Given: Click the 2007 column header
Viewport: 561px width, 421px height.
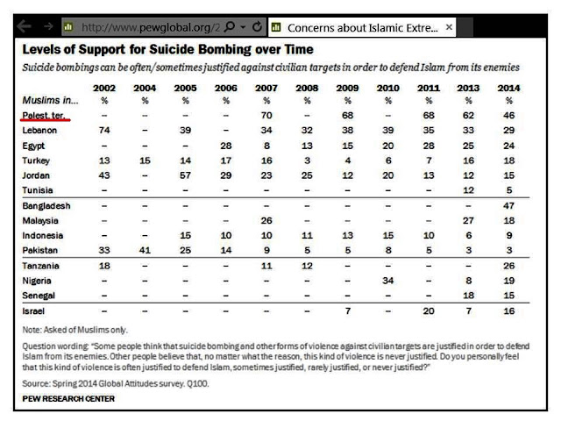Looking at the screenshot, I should pyautogui.click(x=266, y=88).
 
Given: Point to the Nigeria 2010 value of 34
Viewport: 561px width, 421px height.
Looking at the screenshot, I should pyautogui.click(x=383, y=281).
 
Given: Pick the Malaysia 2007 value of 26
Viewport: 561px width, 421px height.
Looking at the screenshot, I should pyautogui.click(x=266, y=220).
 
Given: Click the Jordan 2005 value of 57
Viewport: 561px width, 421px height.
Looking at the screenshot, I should pyautogui.click(x=184, y=174).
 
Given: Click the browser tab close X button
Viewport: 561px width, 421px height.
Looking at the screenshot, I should pyautogui.click(x=450, y=28).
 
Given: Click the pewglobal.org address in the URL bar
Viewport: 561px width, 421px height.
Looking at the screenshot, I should pyautogui.click(x=137, y=28).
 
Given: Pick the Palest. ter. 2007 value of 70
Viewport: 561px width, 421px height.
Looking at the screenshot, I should pyautogui.click(x=266, y=113).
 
